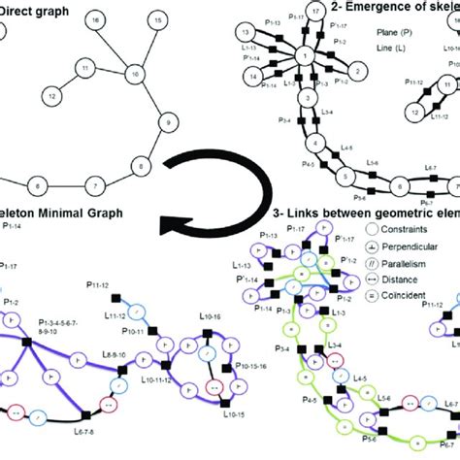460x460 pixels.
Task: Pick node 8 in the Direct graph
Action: click(x=143, y=166)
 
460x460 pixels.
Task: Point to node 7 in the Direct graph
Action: click(x=94, y=183)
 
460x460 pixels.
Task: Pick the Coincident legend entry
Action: click(x=408, y=296)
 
